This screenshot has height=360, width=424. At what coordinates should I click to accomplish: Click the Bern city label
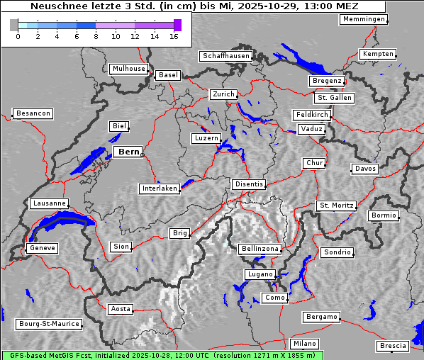[x=128, y=152]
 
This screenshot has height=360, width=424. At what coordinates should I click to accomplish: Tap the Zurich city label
[x=223, y=94]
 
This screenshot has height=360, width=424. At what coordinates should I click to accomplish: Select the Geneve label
[x=41, y=248]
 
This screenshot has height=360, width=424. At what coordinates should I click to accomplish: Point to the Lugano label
[x=259, y=274]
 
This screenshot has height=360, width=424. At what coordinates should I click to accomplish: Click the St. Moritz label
[x=336, y=206]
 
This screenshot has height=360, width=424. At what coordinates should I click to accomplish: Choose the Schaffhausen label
[x=225, y=55]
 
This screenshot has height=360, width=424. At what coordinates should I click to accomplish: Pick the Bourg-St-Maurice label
[x=49, y=324]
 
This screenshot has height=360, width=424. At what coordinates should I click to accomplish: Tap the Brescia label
[x=393, y=346]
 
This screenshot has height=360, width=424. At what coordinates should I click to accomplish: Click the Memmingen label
[x=364, y=19]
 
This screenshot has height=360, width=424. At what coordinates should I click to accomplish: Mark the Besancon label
[x=33, y=113]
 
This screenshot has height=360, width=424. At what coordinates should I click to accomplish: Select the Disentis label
[x=248, y=184]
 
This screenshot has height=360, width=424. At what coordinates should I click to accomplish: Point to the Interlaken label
[x=160, y=189]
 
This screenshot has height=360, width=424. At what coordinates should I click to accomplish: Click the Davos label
[x=365, y=169]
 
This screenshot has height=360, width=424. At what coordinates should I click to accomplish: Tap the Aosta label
[x=121, y=309]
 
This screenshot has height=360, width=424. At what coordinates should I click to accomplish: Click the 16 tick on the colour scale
[x=174, y=35]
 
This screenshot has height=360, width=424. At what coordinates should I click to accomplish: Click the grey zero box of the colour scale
[x=14, y=25]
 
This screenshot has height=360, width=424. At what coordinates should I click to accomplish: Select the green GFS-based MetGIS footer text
[x=162, y=355]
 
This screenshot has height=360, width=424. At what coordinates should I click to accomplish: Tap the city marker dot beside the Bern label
[x=142, y=153]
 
